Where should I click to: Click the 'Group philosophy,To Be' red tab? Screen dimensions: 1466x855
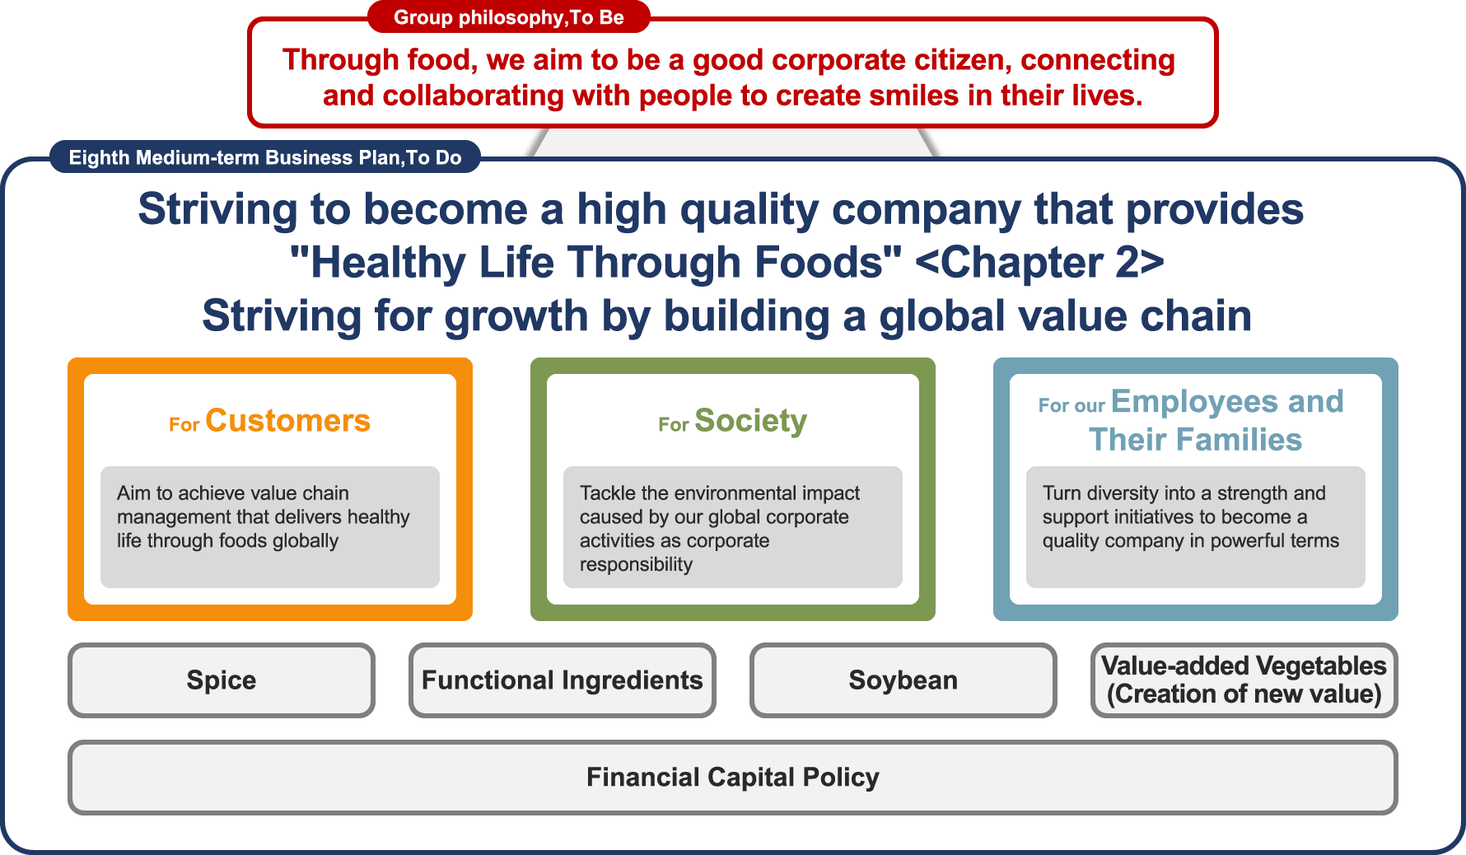coord(509,17)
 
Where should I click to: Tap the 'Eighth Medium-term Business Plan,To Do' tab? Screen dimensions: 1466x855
coord(265,157)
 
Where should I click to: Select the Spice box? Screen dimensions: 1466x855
coord(222,680)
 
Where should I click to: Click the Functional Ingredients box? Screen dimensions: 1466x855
coord(563,680)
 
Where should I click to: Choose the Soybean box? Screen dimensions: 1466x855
coord(903,680)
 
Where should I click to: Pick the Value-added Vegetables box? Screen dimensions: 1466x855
coord(1244,680)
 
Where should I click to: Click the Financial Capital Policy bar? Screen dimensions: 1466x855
coord(733,778)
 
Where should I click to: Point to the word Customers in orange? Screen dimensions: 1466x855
coord(288,421)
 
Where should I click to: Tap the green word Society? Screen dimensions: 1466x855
coord(751,422)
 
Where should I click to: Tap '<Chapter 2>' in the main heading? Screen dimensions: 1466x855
coord(1039,263)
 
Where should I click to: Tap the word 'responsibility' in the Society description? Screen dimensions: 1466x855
coord(636,565)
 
